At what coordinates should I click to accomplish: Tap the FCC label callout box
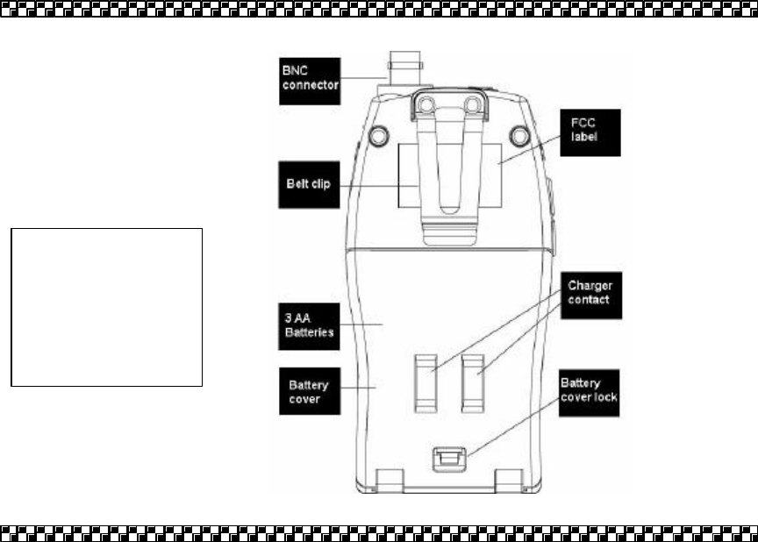pyautogui.click(x=591, y=132)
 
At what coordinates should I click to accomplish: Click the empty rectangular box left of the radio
pyautogui.click(x=106, y=307)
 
